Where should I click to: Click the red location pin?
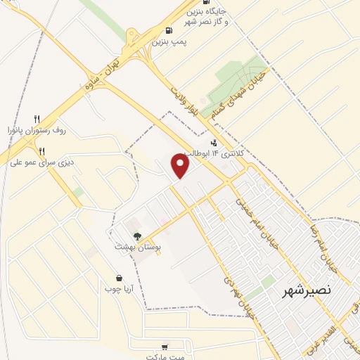[181, 166]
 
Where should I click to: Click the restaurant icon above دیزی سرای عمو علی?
[41, 150]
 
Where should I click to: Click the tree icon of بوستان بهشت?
[136, 236]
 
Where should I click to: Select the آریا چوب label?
[120, 288]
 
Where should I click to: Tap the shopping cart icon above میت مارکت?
[165, 347]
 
